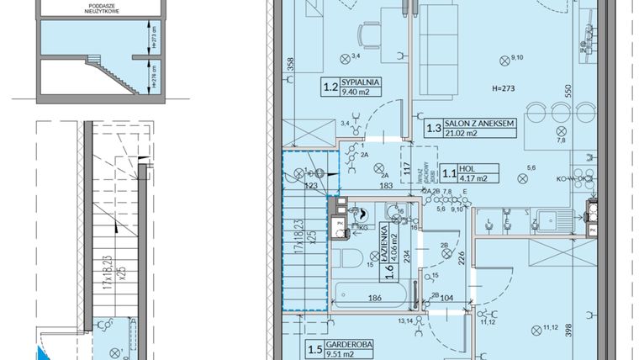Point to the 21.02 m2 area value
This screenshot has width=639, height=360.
[x=460, y=133]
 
